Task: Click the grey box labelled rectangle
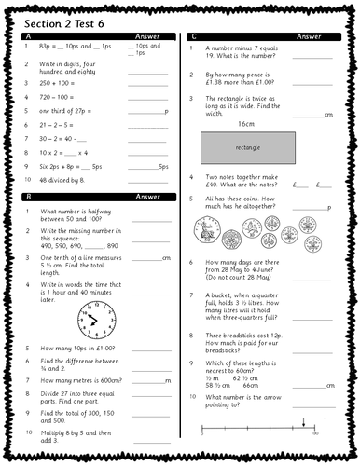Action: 247,147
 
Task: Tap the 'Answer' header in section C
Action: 308,36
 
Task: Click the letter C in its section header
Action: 193,36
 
